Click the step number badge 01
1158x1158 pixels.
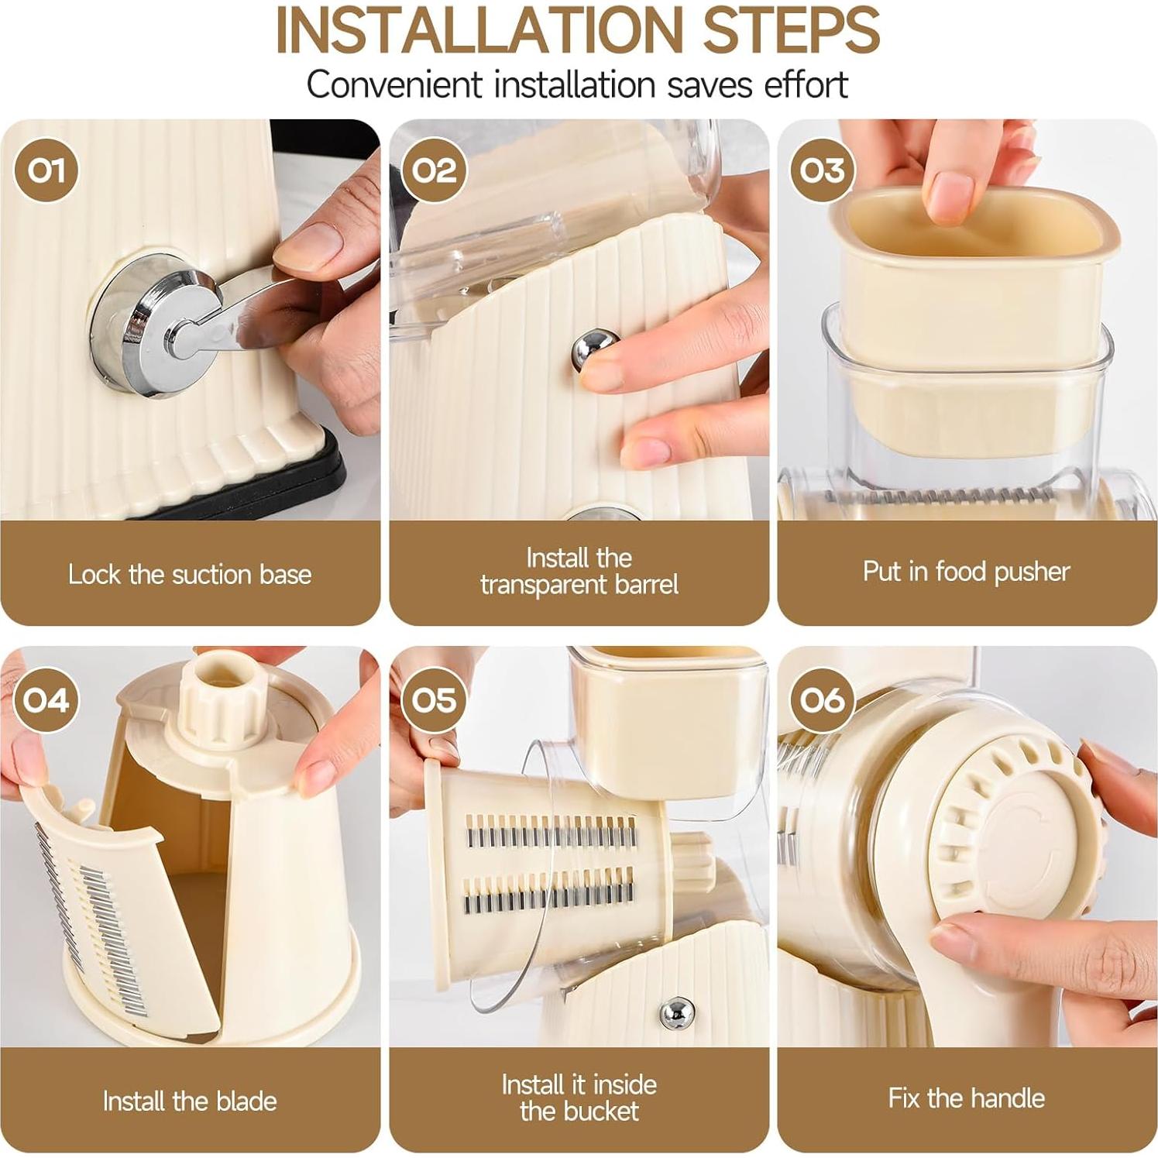click(x=46, y=170)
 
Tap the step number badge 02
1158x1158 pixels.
click(x=435, y=170)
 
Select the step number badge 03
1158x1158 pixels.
click(x=823, y=170)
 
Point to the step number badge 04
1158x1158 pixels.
click(x=46, y=700)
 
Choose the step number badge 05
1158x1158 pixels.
click(x=435, y=700)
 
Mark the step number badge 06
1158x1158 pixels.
click(x=823, y=700)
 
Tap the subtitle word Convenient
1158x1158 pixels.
click(x=394, y=84)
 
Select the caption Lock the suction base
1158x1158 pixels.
click(x=190, y=574)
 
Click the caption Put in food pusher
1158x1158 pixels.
click(x=966, y=572)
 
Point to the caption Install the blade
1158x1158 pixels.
click(x=190, y=1101)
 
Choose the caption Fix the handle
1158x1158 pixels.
click(x=966, y=1098)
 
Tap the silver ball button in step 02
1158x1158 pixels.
click(x=595, y=350)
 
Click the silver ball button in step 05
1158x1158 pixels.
click(x=677, y=1012)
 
